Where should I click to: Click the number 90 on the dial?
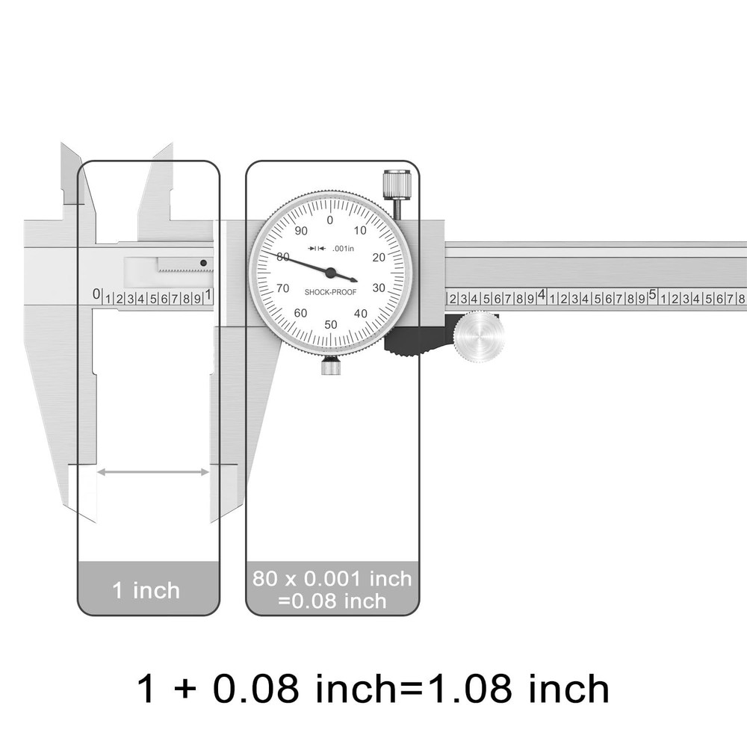pos(301,231)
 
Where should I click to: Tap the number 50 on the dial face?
pos(331,323)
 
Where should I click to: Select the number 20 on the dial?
pos(378,257)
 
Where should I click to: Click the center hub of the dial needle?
pos(330,273)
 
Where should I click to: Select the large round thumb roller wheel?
pos(478,338)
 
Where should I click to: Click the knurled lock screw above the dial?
pos(397,185)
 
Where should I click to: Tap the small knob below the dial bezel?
pos(331,366)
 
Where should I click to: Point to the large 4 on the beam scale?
pos(542,295)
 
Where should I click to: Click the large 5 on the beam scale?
pos(652,295)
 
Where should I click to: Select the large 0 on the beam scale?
pos(96,294)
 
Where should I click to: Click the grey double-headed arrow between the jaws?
pos(153,471)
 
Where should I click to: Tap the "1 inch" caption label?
pos(146,590)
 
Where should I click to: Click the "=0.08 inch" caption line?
pos(333,600)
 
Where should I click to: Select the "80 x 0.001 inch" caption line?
pos(332,578)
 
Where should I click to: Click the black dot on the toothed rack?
pos(202,262)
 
